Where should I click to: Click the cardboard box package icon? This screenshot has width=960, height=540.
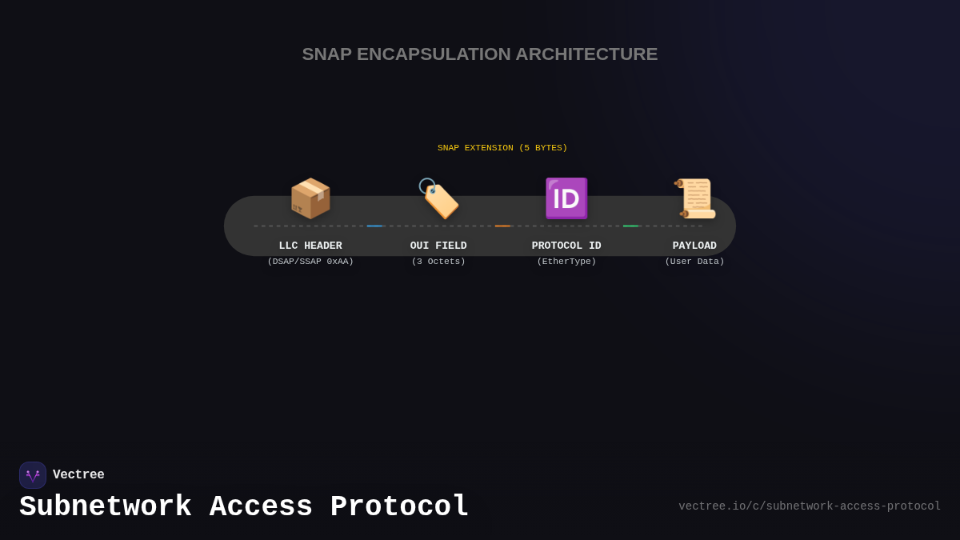click(x=310, y=198)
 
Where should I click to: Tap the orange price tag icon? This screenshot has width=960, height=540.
click(x=438, y=198)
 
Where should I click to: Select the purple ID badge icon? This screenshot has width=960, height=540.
click(x=566, y=198)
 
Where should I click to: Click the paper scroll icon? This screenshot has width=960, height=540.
click(x=694, y=198)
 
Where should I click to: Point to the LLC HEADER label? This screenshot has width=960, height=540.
click(x=310, y=246)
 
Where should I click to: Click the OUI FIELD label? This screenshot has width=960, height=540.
click(x=438, y=246)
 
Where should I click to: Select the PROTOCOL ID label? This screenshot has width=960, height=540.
click(x=566, y=246)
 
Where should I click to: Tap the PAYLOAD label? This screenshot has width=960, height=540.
click(x=694, y=246)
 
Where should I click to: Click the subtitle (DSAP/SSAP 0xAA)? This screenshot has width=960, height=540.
click(x=310, y=261)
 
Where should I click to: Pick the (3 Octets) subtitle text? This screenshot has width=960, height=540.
click(x=438, y=261)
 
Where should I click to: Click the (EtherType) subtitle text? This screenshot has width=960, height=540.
click(x=566, y=261)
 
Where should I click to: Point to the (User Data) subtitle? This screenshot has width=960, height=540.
click(x=694, y=261)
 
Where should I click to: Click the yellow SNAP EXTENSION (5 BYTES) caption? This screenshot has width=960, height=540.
click(x=502, y=147)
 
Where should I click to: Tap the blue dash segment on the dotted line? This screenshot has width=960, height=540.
click(x=374, y=226)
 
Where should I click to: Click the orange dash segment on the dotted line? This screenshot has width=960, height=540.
click(x=502, y=226)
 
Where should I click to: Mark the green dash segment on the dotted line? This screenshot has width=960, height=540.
click(x=630, y=226)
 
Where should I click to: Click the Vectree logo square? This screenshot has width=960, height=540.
click(x=33, y=475)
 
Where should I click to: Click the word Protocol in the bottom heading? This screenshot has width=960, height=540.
click(x=399, y=507)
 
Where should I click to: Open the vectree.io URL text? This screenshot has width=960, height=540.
click(x=810, y=506)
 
